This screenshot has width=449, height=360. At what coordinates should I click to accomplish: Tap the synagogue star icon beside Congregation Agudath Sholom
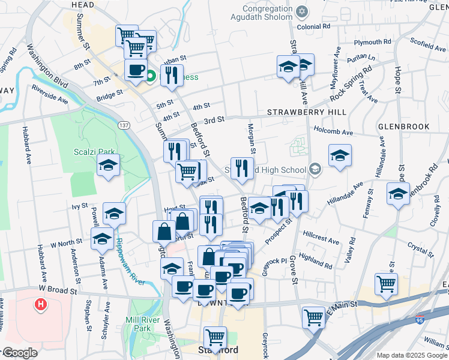click(x=303, y=11)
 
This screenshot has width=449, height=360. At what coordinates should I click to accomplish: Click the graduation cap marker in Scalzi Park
click(x=109, y=166)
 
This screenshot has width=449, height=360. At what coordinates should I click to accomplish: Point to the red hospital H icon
click(x=41, y=305)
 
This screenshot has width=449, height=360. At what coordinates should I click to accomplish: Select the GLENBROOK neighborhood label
click(x=404, y=127)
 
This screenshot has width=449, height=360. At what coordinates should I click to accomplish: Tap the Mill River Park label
click(x=142, y=324)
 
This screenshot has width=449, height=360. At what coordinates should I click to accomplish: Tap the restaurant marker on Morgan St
click(x=242, y=167)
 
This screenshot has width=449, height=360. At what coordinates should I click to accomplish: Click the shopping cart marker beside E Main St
click(x=313, y=317)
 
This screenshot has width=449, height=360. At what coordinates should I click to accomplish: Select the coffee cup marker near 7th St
click(x=136, y=70)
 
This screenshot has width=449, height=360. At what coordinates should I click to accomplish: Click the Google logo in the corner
click(x=20, y=353)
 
